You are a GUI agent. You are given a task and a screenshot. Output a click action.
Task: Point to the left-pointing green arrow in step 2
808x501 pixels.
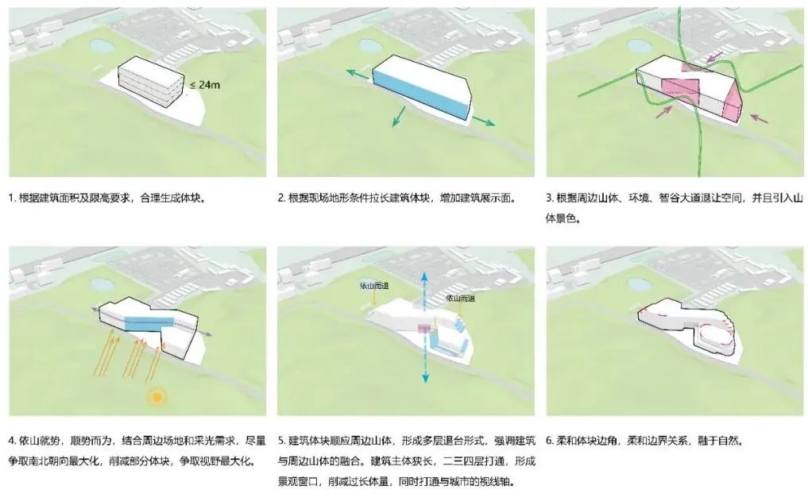(354, 73)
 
